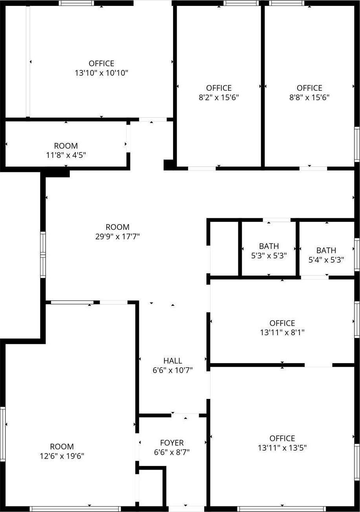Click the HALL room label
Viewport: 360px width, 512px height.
point(172,360)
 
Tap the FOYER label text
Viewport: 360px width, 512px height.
point(172,443)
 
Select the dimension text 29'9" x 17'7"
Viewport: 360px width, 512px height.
point(117,236)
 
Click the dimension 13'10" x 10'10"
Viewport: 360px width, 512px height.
point(101,73)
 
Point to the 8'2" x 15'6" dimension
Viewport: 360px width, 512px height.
point(219,97)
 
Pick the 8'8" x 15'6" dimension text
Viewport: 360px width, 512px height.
point(309,97)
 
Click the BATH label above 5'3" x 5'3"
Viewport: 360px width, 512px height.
point(269,246)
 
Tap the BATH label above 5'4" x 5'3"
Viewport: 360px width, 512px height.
point(326,250)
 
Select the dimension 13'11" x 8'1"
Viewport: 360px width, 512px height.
point(282,333)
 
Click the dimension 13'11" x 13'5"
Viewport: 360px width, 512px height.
point(282,448)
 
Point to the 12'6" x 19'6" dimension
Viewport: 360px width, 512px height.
point(62,456)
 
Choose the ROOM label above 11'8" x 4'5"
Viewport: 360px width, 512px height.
point(66,146)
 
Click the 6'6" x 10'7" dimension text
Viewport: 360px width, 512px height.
point(172,370)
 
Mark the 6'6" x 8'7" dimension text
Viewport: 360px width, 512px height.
point(172,452)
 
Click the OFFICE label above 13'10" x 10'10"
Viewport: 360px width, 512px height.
point(101,63)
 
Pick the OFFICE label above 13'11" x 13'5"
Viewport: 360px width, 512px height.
point(282,438)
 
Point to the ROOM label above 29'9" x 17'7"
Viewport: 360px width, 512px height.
point(117,227)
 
